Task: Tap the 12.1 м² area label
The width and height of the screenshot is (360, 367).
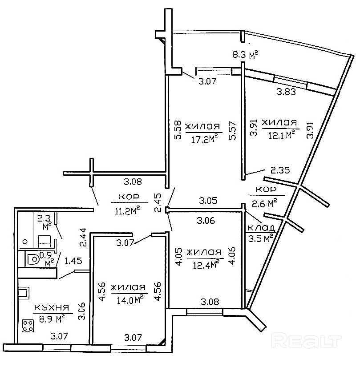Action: tap(279, 134)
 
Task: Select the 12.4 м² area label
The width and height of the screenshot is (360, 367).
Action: tap(204, 265)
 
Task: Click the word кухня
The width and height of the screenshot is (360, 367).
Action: tap(51, 308)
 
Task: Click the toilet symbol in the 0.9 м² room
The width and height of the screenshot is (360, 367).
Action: tap(32, 259)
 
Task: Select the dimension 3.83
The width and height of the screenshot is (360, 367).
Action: tap(287, 93)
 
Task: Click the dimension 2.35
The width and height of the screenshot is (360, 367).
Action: tap(280, 169)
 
